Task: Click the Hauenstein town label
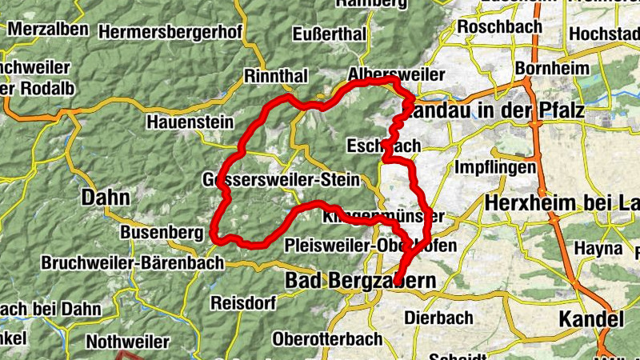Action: [190, 122]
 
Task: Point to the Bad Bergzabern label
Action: [361, 282]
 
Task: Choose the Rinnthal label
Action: [277, 76]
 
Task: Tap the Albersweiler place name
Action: [397, 74]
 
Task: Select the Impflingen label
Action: [494, 168]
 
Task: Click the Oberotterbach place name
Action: [327, 338]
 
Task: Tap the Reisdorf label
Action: [242, 303]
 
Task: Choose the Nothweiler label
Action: [127, 342]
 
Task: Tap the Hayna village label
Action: [598, 249]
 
